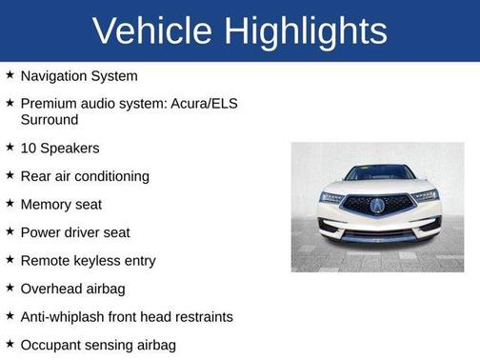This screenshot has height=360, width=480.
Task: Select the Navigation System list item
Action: [79, 75]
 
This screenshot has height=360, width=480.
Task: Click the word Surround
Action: [50, 120]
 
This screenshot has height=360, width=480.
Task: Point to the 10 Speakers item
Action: [60, 149]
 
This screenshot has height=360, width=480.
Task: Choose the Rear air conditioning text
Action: [85, 176]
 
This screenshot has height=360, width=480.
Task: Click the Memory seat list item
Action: [61, 204]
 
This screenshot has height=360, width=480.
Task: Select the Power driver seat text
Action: [75, 232]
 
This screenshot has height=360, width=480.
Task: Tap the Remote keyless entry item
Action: [88, 260]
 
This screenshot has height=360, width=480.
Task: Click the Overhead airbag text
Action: [72, 288]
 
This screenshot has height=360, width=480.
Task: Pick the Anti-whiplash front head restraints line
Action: [127, 316]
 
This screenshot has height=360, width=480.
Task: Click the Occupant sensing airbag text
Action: [98, 344]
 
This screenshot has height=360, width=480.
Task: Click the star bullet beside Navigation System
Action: [10, 74]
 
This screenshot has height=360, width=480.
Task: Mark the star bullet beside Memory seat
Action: [10, 203]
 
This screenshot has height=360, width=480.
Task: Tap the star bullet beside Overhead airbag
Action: [10, 287]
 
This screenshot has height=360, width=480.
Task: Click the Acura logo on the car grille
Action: [378, 205]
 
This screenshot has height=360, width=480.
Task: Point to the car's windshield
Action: [378, 173]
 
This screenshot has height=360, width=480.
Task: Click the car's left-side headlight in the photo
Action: [332, 197]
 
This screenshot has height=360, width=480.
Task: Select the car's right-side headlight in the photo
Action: [425, 196]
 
